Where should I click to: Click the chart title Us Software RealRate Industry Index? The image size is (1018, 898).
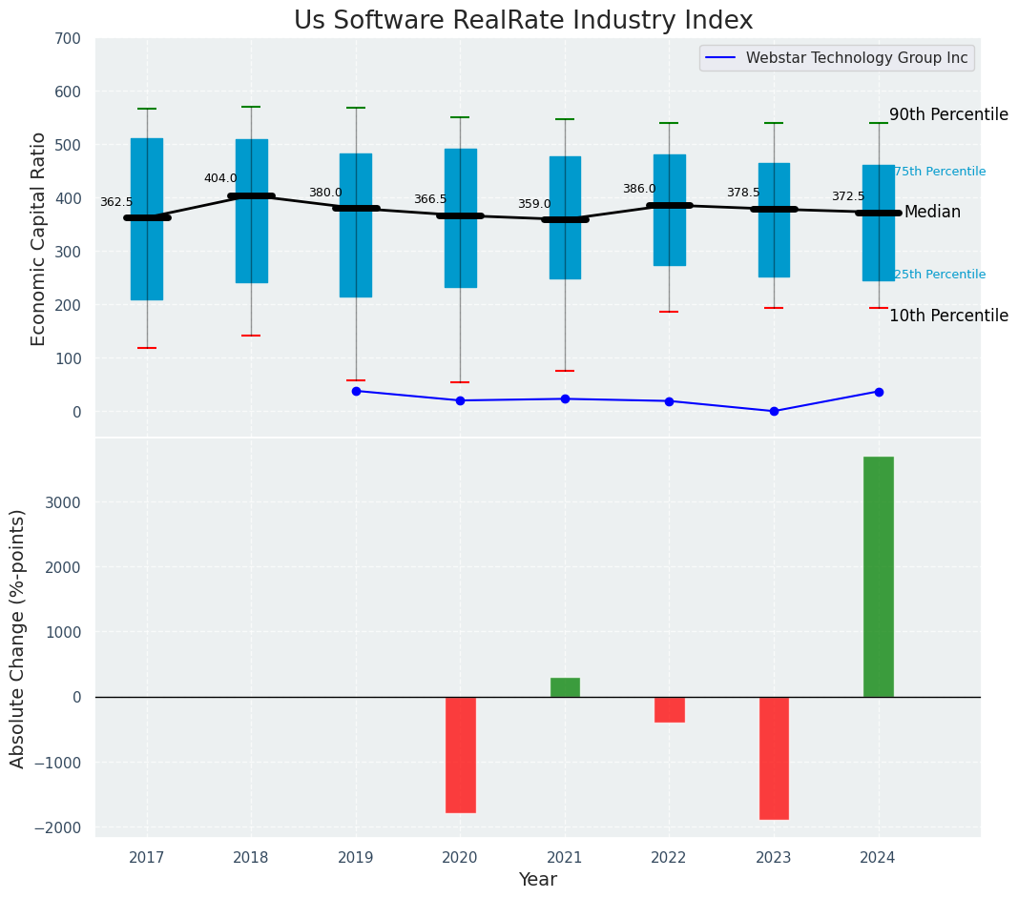pyautogui.click(x=523, y=21)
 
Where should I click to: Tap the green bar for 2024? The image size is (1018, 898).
pyautogui.click(x=878, y=577)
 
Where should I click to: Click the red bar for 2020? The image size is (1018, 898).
pyautogui.click(x=460, y=754)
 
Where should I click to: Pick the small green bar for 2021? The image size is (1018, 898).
pyautogui.click(x=565, y=687)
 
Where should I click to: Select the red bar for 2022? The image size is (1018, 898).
pyautogui.click(x=669, y=709)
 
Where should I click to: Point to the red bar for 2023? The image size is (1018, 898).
pyautogui.click(x=774, y=758)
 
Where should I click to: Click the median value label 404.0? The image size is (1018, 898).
pyautogui.click(x=220, y=178)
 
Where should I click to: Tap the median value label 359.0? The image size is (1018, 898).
pyautogui.click(x=534, y=204)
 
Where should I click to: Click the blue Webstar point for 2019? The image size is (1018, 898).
pyautogui.click(x=356, y=391)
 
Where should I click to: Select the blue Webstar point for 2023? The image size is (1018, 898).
pyautogui.click(x=774, y=411)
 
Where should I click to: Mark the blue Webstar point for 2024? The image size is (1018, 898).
pyautogui.click(x=879, y=392)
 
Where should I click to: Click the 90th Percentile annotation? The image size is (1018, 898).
pyautogui.click(x=948, y=114)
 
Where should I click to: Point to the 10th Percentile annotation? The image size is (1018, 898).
pyautogui.click(x=948, y=316)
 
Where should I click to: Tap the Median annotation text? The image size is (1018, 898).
pyautogui.click(x=932, y=212)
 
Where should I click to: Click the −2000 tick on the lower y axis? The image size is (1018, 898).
pyautogui.click(x=58, y=827)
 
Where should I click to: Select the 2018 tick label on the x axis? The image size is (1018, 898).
pyautogui.click(x=251, y=857)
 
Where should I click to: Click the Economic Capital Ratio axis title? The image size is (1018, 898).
pyautogui.click(x=39, y=238)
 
